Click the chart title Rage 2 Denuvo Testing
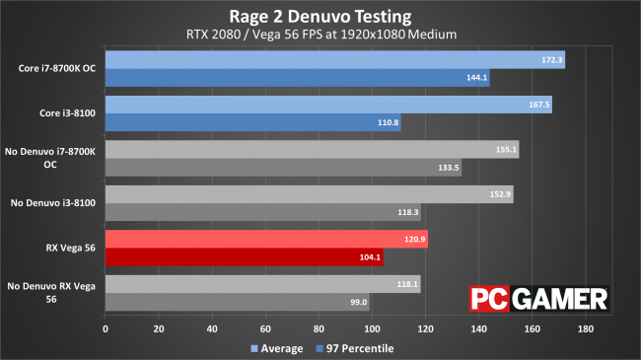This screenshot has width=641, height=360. [320, 16]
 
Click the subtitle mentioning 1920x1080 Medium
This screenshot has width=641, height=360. [320, 36]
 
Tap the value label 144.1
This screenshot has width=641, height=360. [477, 78]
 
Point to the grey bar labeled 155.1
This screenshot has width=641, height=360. [311, 150]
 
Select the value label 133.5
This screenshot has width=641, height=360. [449, 168]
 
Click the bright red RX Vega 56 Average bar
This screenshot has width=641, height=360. [265, 240]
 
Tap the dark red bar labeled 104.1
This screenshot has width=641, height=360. [243, 257]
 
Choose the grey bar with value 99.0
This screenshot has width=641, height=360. [237, 302]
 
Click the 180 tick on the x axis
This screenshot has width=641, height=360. [585, 328]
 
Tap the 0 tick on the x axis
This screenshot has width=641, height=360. [106, 328]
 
